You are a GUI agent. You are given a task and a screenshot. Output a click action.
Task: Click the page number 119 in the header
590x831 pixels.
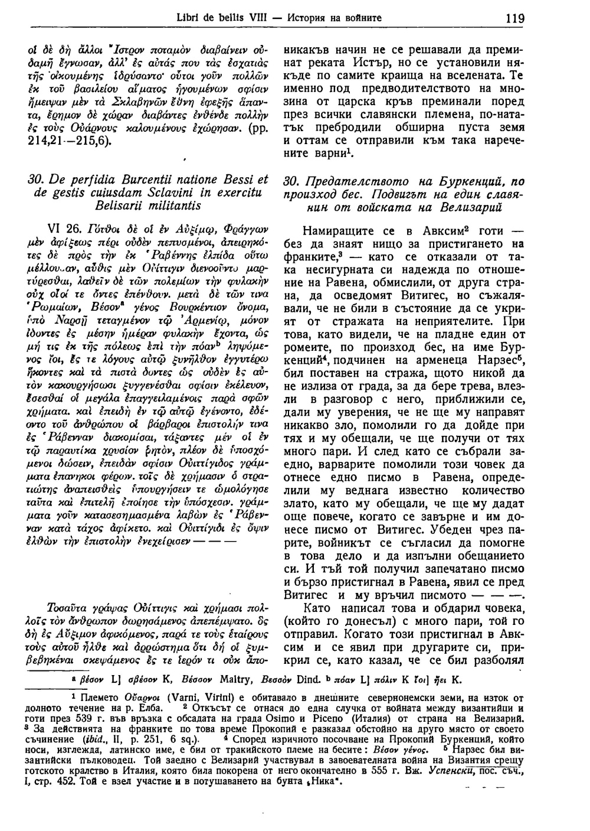pyautogui.click(x=514, y=18)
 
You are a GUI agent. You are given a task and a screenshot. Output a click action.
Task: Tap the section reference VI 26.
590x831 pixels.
pyautogui.click(x=64, y=229)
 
